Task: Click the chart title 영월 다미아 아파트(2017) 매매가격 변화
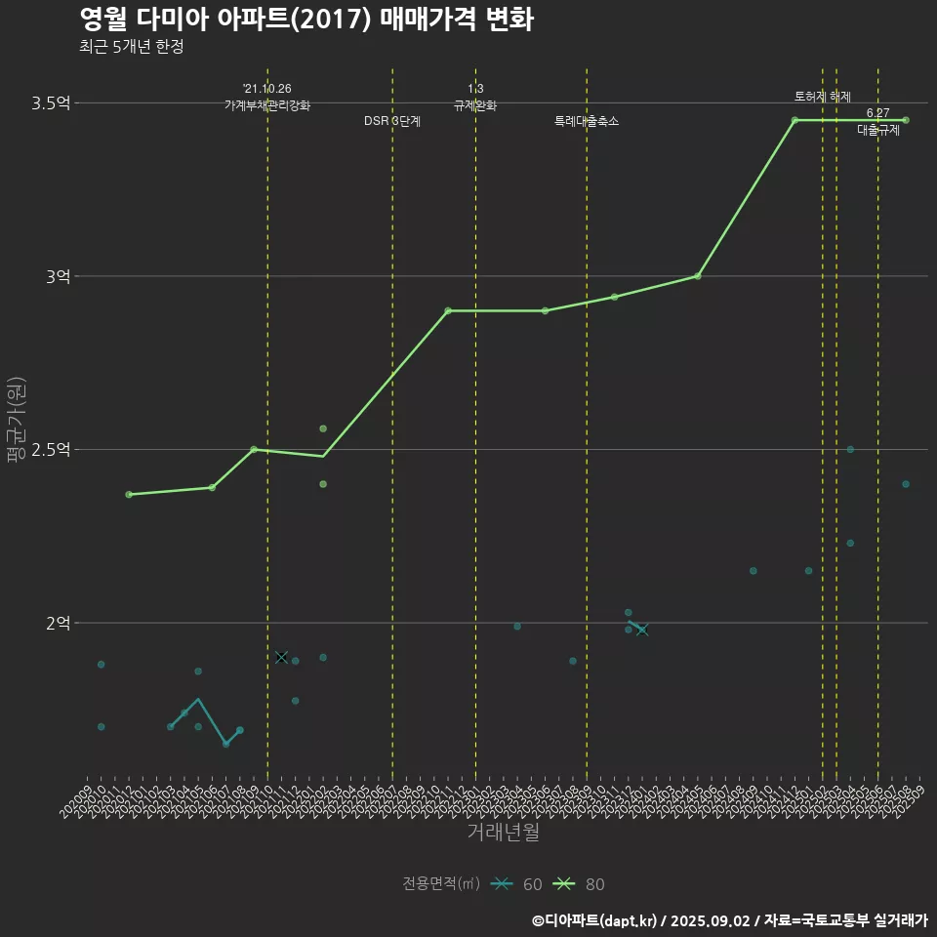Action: point(306,20)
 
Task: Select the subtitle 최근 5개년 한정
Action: point(131,47)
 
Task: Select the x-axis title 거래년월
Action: point(503,833)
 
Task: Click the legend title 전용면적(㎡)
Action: point(441,884)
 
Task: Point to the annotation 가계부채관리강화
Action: point(267,105)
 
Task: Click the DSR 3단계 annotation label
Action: point(392,122)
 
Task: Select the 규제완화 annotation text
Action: point(475,105)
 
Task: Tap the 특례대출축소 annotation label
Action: point(587,122)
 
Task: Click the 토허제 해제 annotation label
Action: point(823,97)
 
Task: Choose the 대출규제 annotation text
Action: point(878,130)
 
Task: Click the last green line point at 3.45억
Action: point(906,120)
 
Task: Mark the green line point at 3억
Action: point(697,276)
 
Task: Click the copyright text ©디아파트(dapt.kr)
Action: point(596,920)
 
